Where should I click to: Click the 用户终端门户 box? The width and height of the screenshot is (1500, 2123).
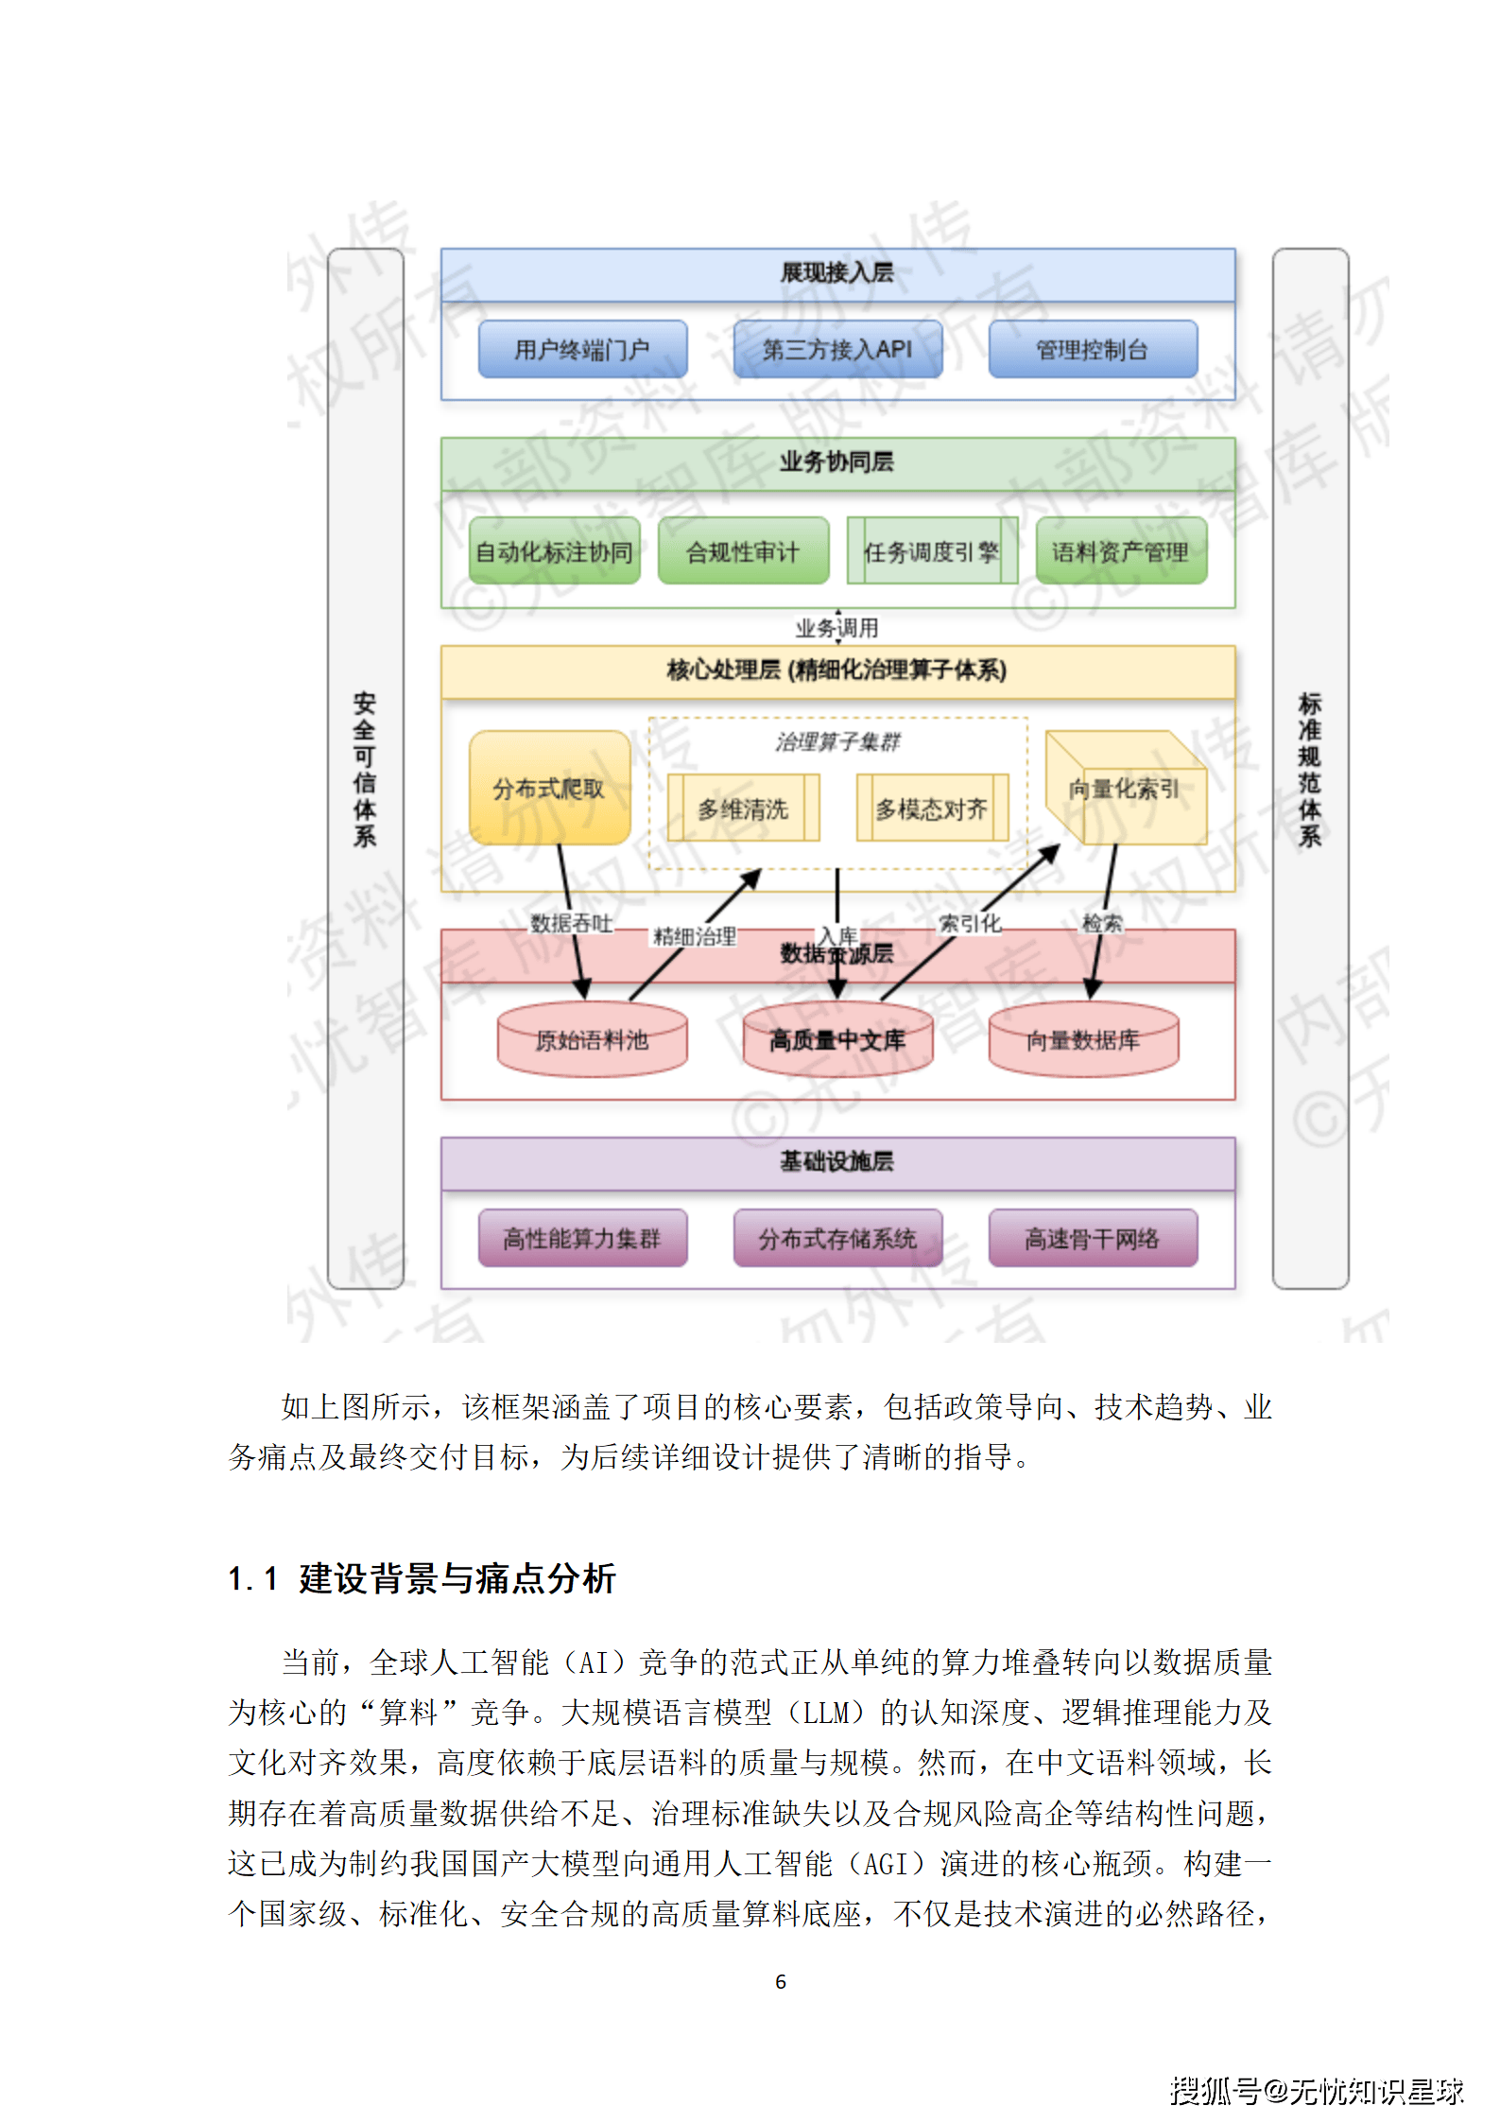pyautogui.click(x=582, y=350)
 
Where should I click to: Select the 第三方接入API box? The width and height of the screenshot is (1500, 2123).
pyautogui.click(x=837, y=350)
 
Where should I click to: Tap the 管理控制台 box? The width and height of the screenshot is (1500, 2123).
pyautogui.click(x=1093, y=350)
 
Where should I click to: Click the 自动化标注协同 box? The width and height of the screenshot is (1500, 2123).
pyautogui.click(x=554, y=551)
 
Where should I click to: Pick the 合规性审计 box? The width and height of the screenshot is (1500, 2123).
pyautogui.click(x=743, y=551)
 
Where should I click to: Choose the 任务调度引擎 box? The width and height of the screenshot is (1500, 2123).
pyautogui.click(x=932, y=551)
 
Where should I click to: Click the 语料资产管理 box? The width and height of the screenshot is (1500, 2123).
pyautogui.click(x=1121, y=551)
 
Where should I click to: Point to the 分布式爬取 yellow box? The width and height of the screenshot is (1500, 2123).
pyautogui.click(x=549, y=788)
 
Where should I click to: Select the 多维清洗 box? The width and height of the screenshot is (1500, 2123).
pyautogui.click(x=743, y=809)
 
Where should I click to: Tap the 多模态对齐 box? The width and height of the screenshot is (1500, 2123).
pyautogui.click(x=932, y=809)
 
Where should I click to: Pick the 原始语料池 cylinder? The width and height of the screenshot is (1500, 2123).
pyautogui.click(x=592, y=1040)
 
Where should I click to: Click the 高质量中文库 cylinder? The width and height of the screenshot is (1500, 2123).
pyautogui.click(x=837, y=1040)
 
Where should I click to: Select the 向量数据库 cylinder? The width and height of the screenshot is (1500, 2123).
pyautogui.click(x=1083, y=1040)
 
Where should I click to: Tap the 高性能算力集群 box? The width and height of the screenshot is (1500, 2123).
pyautogui.click(x=582, y=1238)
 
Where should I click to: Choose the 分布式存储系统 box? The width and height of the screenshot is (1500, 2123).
pyautogui.click(x=837, y=1238)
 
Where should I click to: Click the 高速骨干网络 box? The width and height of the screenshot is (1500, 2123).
pyautogui.click(x=1093, y=1238)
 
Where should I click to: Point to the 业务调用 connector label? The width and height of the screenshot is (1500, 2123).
pyautogui.click(x=837, y=628)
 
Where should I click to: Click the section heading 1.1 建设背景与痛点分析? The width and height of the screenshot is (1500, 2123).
pyautogui.click(x=422, y=1578)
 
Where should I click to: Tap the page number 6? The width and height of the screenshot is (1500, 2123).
pyautogui.click(x=781, y=1981)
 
